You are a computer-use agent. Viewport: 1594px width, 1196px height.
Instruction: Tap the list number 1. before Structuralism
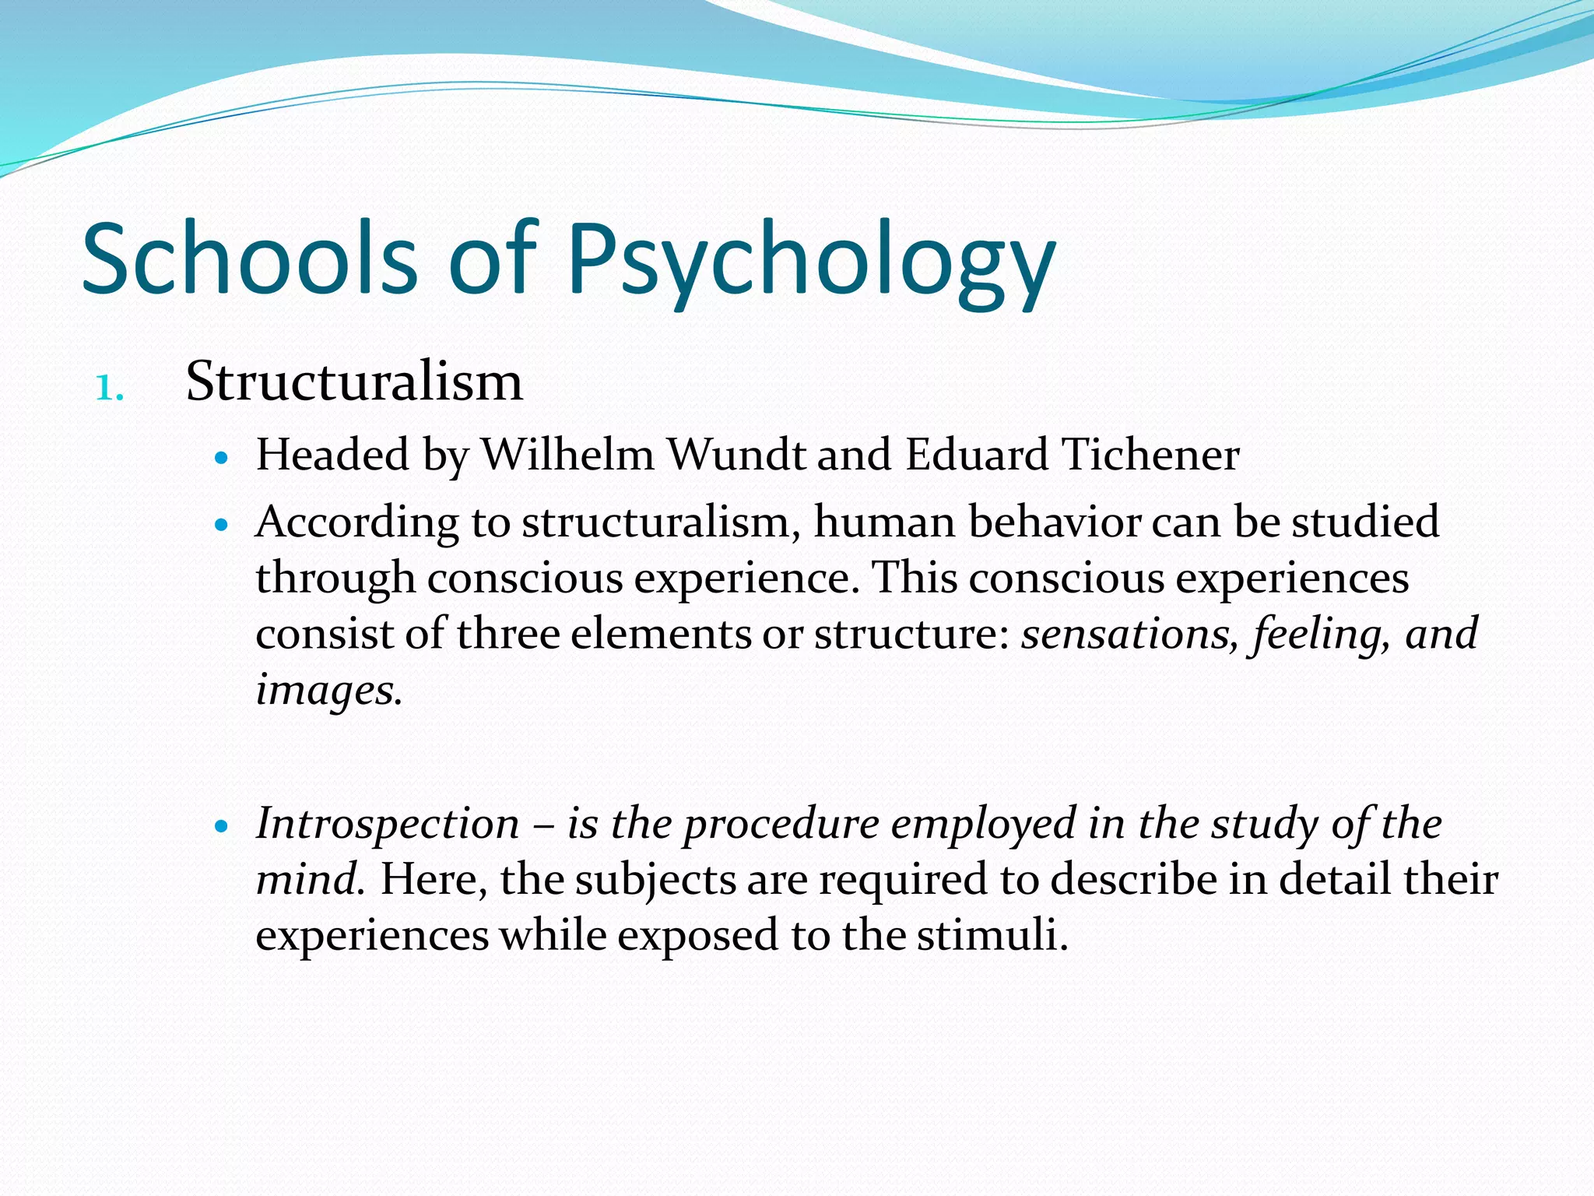[110, 388]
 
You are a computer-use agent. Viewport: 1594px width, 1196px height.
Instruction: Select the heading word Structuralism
[354, 382]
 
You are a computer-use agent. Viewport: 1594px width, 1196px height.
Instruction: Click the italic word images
[328, 690]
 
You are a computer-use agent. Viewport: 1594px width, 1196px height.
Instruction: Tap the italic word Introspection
[388, 823]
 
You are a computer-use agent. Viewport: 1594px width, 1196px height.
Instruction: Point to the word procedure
[781, 825]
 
